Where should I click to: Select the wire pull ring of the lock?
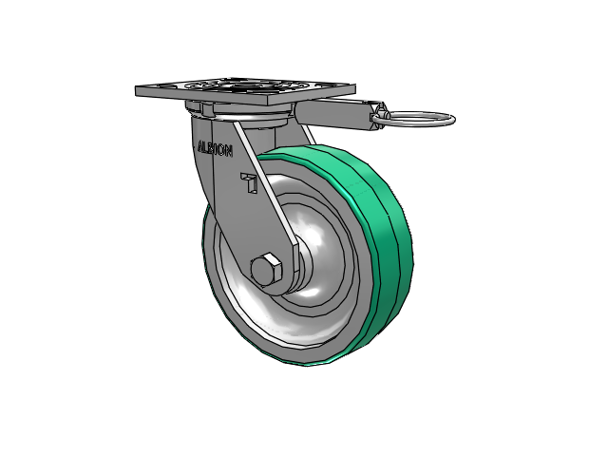(421, 119)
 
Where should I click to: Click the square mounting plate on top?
(245, 91)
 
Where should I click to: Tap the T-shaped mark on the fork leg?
(249, 182)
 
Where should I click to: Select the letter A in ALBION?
(201, 146)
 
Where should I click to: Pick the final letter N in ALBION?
(229, 151)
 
